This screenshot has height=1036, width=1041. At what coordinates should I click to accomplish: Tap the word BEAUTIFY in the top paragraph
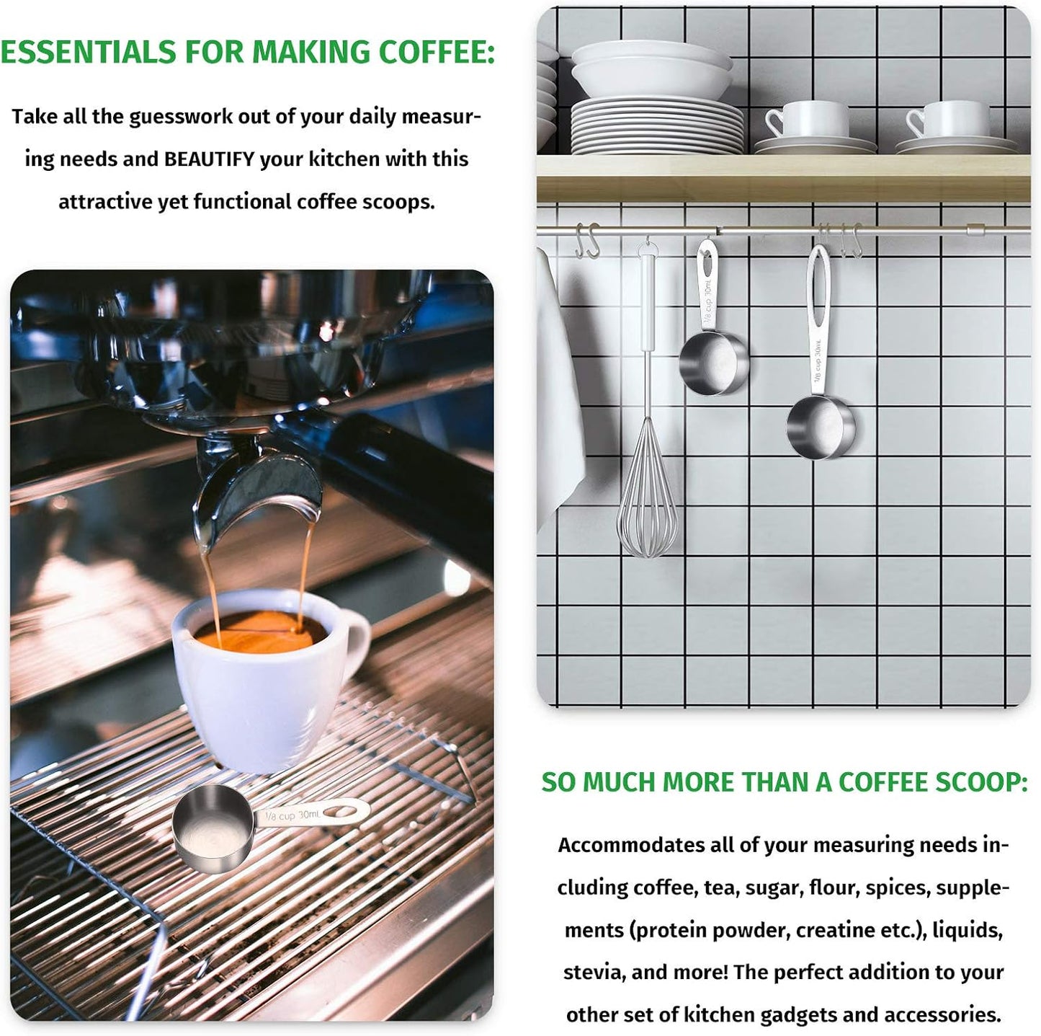click(210, 159)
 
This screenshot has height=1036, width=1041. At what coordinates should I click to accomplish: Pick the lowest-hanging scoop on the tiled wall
click(821, 425)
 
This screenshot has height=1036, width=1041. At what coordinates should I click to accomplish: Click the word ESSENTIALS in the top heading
click(87, 53)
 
